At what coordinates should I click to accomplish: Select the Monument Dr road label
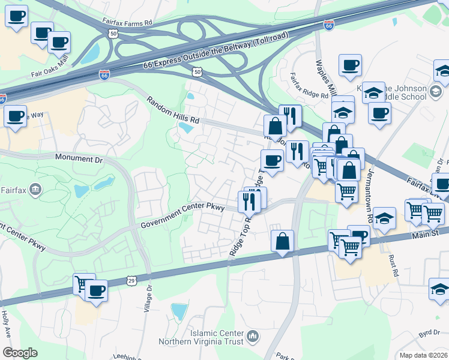tap(79, 158)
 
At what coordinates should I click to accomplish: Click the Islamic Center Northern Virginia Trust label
tap(201, 337)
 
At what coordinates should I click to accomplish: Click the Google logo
tap(20, 353)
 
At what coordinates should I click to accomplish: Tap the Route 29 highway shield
tap(131, 280)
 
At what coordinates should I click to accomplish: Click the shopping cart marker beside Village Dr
tap(84, 284)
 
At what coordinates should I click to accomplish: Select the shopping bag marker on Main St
tap(282, 241)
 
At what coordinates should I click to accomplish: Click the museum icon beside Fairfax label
tap(35, 190)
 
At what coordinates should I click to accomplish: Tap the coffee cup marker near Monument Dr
tap(15, 116)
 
